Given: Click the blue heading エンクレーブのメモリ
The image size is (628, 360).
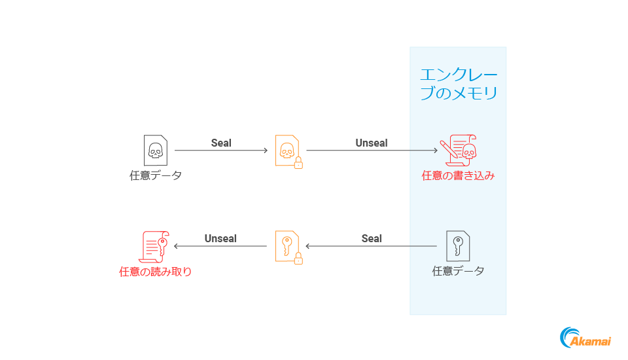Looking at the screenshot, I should [458, 84].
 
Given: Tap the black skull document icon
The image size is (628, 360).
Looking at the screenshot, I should [155, 151].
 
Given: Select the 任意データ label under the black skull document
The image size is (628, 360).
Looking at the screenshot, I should [155, 175].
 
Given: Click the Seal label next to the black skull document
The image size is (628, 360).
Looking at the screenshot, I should [221, 143].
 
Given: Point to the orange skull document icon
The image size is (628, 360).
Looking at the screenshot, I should [287, 151].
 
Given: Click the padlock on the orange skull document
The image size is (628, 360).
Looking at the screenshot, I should [298, 163].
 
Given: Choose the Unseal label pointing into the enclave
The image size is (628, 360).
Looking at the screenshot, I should [372, 143].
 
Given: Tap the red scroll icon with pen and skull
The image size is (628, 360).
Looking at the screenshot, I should [458, 149].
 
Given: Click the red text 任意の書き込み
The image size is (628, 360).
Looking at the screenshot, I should [458, 175].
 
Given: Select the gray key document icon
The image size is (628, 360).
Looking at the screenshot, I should [458, 246].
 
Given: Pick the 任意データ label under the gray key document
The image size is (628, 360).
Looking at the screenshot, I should [458, 271].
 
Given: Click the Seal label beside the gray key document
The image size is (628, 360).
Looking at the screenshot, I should [372, 238].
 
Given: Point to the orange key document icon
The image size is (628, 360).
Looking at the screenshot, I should [287, 246].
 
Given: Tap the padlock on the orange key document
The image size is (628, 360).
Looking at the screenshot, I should [298, 259].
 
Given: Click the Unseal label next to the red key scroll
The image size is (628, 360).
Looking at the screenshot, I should [220, 238].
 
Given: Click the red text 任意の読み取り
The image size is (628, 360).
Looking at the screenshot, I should [155, 272].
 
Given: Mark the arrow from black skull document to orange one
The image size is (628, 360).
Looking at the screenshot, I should [221, 151].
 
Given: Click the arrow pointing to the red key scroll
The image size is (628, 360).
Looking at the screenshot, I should [220, 247].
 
